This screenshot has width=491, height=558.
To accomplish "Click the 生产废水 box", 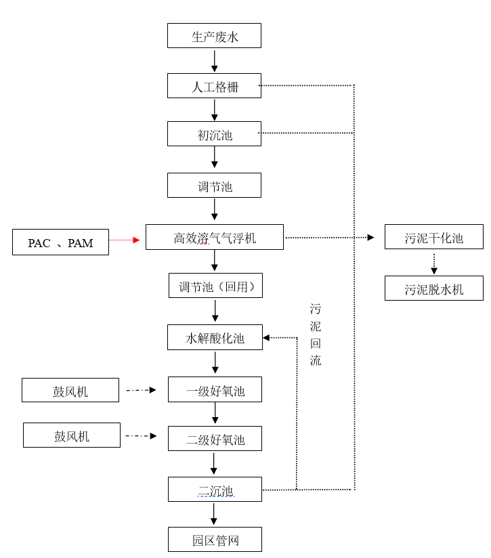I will [214, 36].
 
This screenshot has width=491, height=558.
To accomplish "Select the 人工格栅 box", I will [214, 86].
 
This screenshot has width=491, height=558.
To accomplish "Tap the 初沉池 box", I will [214, 134].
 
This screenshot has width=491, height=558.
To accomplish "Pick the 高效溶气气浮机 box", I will [214, 237].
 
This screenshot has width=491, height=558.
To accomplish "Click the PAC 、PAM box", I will [60, 242].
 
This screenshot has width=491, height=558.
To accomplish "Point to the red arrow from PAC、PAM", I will [125, 240].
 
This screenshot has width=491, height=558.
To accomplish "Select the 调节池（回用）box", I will [215, 286].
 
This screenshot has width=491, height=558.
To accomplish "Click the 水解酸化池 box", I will [215, 337].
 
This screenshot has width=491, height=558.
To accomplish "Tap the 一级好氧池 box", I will [215, 389].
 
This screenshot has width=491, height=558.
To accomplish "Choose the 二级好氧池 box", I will [215, 439].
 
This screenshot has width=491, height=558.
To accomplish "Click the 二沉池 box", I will [215, 490].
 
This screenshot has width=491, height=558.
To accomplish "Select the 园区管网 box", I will [215, 540].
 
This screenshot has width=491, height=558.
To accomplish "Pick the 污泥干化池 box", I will [433, 237].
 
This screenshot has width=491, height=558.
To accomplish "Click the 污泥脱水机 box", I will [433, 288].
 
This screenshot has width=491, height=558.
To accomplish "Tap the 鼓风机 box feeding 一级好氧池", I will [70, 391].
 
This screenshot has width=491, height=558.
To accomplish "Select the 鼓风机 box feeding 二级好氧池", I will [71, 435].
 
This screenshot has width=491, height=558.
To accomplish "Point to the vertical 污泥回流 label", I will [316, 335].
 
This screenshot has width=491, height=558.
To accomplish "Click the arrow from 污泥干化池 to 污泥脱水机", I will [434, 264].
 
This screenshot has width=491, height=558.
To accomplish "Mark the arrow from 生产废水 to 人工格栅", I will [215, 61].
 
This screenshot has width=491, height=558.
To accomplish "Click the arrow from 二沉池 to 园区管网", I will [214, 514].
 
